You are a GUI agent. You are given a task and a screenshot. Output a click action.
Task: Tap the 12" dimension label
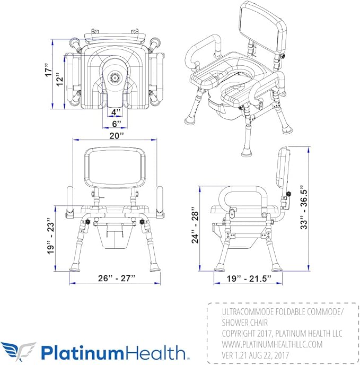(62, 80)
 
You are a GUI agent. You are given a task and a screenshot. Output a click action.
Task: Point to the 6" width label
(116, 124)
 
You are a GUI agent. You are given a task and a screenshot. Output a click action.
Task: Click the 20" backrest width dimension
(117, 135)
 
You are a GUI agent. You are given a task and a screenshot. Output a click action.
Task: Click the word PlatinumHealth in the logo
(114, 352)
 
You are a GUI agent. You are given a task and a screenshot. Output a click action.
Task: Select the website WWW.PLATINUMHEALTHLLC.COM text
(271, 344)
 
